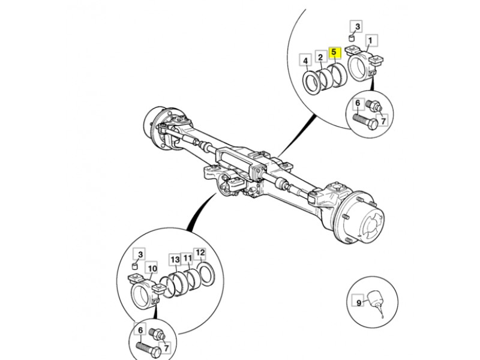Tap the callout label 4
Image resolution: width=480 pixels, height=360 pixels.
pos(305,61)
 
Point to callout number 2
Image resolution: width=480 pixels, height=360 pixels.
pos(321,58)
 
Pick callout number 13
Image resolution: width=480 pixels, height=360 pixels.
pos(175,259)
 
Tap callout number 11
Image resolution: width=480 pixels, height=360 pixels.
pos(187,259)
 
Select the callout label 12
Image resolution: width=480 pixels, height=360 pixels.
pos(200,253)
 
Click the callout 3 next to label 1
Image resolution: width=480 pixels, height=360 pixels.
pos(357,26)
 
